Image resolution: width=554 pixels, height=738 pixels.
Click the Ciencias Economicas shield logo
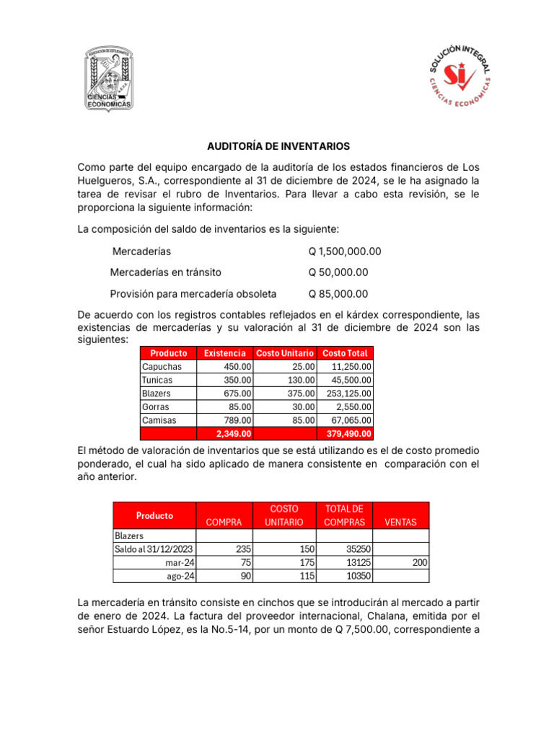[x=109, y=79]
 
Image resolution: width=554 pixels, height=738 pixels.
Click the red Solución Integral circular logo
[x=460, y=79]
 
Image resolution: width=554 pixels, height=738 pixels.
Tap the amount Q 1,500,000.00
[x=345, y=252]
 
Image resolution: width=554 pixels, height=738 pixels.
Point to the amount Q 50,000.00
[x=338, y=272]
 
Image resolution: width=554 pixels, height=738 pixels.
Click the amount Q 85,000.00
[x=338, y=293]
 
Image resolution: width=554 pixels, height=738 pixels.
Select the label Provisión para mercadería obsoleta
[x=193, y=293]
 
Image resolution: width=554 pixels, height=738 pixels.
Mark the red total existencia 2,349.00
[x=234, y=434]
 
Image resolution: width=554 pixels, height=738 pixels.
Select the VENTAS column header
[x=401, y=522]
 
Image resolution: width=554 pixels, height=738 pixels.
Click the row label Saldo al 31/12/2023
[x=154, y=549]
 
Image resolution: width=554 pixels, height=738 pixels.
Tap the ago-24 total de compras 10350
[x=357, y=576]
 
